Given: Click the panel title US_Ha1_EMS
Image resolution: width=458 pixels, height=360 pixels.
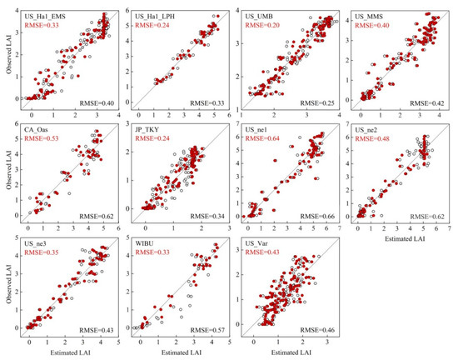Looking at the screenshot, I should [x=46, y=16].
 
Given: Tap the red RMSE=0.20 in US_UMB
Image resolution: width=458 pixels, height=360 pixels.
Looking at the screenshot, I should [x=266, y=26].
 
